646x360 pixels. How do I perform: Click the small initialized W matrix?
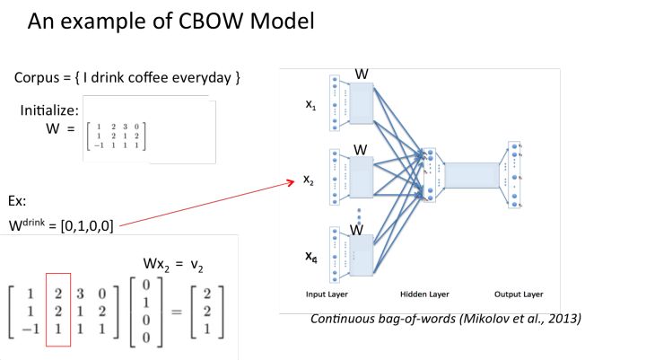(x=114, y=133)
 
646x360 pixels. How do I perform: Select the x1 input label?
(x=310, y=105)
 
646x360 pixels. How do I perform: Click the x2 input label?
(x=310, y=180)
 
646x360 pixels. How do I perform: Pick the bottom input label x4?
(x=310, y=258)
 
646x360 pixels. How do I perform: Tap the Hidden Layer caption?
(x=425, y=294)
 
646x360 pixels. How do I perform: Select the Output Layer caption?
(x=519, y=294)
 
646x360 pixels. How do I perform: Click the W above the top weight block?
(x=361, y=73)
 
